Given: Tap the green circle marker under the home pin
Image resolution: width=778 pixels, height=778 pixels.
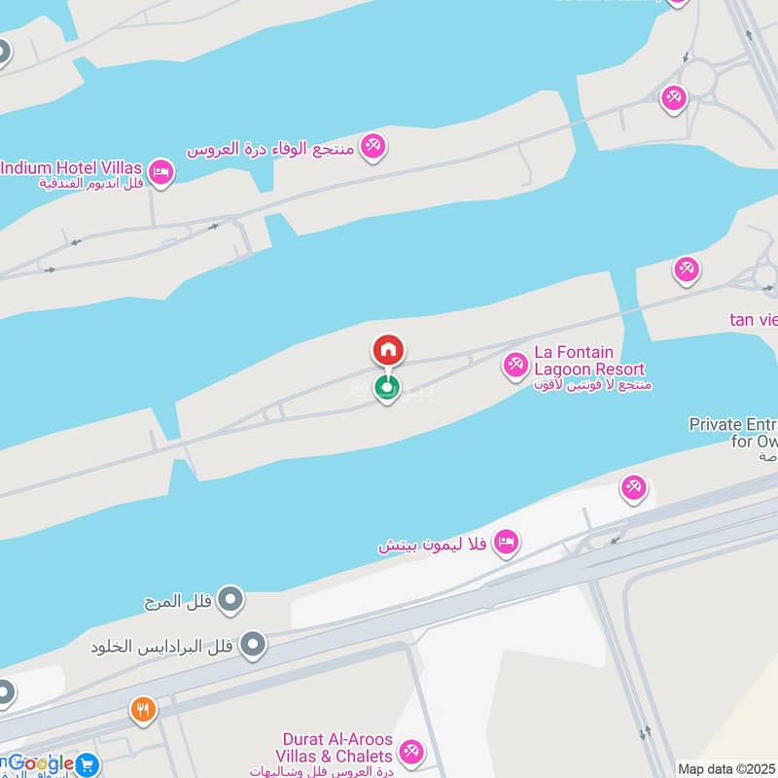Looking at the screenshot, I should tap(388, 389).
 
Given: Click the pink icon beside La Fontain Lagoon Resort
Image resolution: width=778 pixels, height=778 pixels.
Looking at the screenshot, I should tap(514, 366).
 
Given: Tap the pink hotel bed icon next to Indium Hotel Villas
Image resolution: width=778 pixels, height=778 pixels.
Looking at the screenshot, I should tap(162, 173).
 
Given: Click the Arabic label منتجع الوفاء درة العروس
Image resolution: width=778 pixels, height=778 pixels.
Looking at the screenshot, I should tap(272, 149).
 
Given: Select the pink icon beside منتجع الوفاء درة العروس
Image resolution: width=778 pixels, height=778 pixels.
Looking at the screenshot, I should tap(371, 147).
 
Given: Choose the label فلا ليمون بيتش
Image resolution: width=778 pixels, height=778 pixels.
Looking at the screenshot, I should tap(434, 545).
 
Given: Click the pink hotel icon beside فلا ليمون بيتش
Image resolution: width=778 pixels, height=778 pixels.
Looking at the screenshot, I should tap(505, 542).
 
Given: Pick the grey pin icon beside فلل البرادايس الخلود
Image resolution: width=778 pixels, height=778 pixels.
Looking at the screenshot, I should tap(253, 644).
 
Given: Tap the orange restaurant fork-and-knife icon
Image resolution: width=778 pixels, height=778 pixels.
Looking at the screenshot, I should tap(144, 709).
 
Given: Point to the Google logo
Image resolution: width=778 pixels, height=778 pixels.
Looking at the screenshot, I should tap(39, 763).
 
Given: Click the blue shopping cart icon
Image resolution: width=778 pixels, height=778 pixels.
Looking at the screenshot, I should tap(88, 764).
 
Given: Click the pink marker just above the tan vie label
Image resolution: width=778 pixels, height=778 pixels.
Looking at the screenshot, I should tap(688, 269).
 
